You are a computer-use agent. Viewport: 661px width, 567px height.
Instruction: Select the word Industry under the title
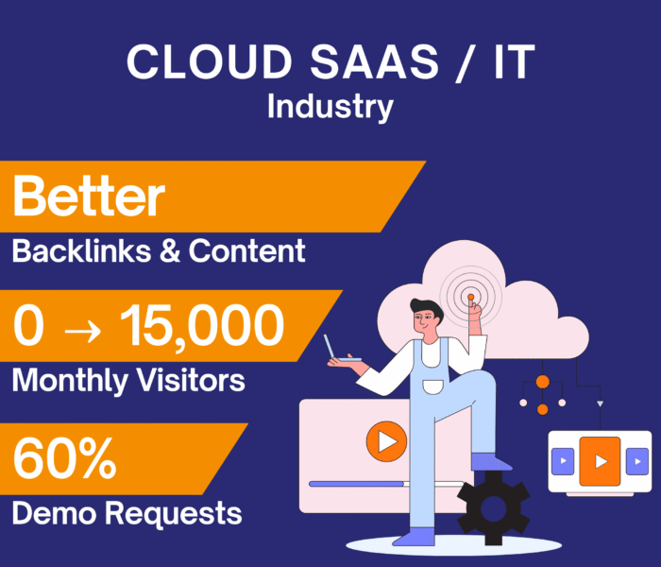[x=330, y=106]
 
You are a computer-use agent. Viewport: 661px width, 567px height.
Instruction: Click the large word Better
[x=89, y=198]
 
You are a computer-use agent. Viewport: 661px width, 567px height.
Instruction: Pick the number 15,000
[x=202, y=326]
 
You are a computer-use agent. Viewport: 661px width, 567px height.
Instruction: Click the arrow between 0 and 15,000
[x=82, y=328]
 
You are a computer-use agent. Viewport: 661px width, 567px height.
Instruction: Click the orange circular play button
[x=385, y=440]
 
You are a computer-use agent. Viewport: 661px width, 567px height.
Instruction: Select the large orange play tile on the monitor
[x=600, y=461]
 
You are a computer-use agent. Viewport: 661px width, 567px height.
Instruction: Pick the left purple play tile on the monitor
[x=563, y=461]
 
